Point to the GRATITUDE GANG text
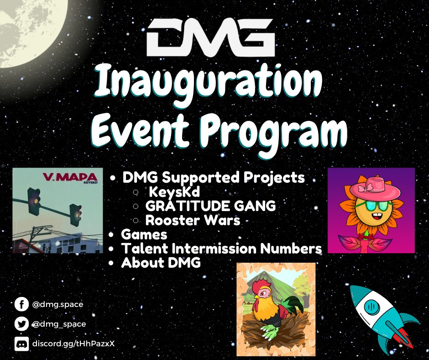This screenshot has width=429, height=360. (210, 206)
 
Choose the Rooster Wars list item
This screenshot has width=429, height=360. (193, 221)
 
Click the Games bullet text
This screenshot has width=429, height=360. (144, 235)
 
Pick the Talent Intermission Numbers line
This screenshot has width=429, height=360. (221, 249)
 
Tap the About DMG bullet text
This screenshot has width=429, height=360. (161, 263)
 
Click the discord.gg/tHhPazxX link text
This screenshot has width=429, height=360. (73, 343)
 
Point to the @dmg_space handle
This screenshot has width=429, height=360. (59, 324)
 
